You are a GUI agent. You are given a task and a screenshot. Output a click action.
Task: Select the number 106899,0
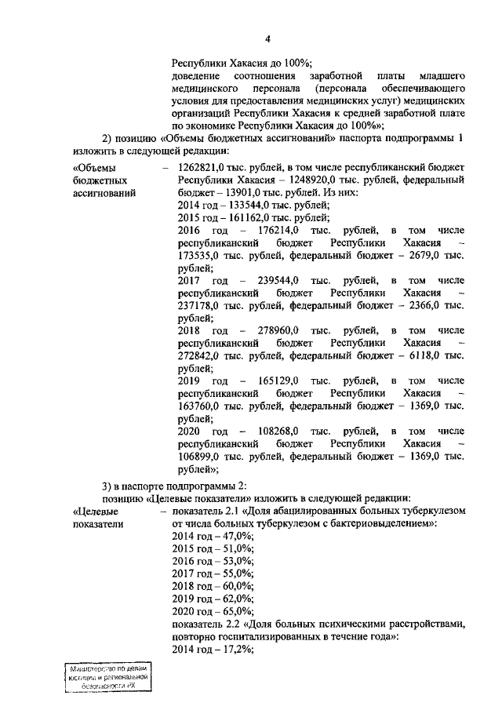click(x=200, y=456)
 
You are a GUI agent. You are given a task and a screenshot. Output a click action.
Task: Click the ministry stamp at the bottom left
click(x=107, y=676)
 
